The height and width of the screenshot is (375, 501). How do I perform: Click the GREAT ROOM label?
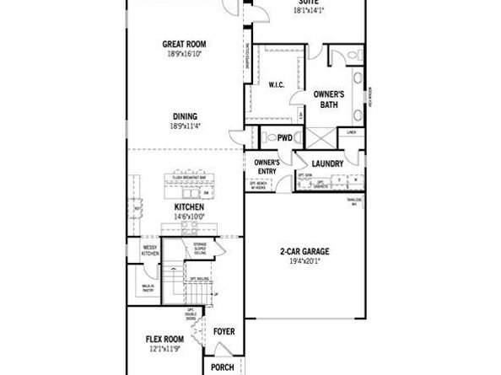click(x=185, y=44)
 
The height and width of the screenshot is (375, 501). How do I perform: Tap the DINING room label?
click(x=186, y=117)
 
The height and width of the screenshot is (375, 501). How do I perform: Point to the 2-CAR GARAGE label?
click(x=304, y=251)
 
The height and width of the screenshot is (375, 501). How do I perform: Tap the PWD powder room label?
click(x=284, y=137)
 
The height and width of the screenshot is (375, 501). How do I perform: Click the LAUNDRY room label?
click(x=326, y=163)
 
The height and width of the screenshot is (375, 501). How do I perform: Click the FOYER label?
click(x=224, y=331)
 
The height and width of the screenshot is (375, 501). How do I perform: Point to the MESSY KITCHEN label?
click(x=150, y=249)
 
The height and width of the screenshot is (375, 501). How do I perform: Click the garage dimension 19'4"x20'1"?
click(x=304, y=260)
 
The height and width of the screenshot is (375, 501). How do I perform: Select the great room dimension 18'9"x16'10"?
click(x=185, y=53)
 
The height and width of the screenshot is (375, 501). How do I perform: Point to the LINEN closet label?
click(x=351, y=131)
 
